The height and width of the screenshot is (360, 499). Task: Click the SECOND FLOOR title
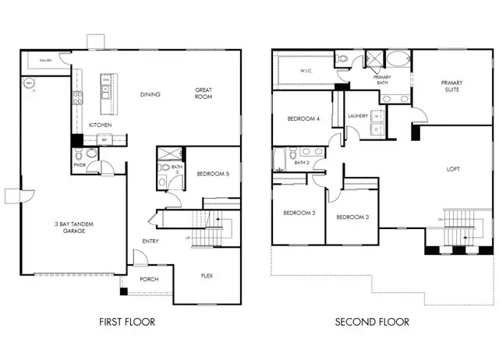(372, 321)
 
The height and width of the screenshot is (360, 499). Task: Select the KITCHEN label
(101, 125)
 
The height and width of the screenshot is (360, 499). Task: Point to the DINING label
(150, 94)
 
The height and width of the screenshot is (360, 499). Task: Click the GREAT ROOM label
(204, 94)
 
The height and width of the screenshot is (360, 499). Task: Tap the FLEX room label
(207, 276)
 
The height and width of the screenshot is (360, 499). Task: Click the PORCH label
(150, 278)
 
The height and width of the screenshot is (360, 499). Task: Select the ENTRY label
(150, 241)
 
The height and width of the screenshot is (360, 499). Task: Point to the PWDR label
(79, 165)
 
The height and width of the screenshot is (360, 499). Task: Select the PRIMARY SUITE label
(451, 86)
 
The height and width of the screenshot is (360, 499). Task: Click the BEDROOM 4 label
(303, 118)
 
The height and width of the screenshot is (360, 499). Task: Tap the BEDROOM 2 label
(298, 213)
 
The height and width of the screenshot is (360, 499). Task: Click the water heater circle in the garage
(30, 83)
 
